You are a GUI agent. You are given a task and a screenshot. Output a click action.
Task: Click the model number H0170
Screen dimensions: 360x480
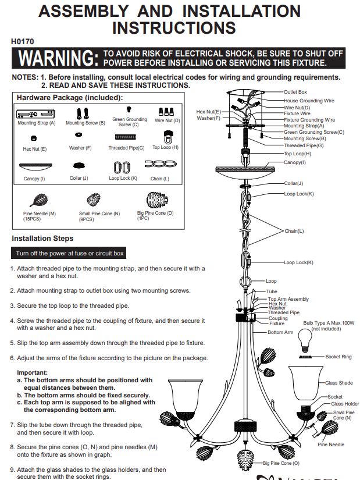pos(22,41)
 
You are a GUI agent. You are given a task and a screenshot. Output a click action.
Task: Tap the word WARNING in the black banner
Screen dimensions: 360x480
pos(59,58)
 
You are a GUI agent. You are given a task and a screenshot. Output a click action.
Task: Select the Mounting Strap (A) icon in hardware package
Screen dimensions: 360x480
pos(35,114)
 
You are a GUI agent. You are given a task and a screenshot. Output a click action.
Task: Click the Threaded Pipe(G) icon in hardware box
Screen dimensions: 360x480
pos(126,137)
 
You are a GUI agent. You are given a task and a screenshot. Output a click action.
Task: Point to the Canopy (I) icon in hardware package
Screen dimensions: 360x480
pos(35,166)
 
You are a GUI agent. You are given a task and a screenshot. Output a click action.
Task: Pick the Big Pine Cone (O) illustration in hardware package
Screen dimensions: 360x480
pos(157,200)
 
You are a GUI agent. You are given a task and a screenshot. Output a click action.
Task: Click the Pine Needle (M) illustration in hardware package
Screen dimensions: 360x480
pos(39,201)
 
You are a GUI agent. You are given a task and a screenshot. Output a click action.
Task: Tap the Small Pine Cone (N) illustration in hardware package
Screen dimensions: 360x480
pos(94,200)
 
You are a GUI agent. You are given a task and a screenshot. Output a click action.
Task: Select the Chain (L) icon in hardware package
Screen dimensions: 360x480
pos(161,164)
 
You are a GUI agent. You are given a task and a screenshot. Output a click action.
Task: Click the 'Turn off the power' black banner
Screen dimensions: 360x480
pos(69,253)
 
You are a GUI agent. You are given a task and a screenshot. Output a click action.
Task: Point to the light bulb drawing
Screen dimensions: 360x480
pos(305,340)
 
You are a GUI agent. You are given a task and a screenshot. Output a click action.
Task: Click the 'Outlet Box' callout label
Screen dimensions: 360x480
pos(295,92)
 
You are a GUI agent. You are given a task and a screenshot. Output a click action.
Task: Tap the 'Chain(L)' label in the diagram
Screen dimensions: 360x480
pos(294,231)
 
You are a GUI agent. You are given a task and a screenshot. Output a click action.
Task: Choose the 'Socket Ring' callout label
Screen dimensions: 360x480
pos(338,357)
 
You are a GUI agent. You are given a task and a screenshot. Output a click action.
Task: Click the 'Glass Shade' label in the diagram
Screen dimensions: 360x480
pos(339,383)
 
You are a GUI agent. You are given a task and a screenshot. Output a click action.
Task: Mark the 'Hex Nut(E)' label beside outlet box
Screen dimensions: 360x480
pos(208,112)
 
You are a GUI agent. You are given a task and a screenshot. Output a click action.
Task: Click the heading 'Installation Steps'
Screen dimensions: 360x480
pos(42,238)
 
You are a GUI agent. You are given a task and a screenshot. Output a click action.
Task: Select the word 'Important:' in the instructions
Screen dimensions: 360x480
pos(33,372)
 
